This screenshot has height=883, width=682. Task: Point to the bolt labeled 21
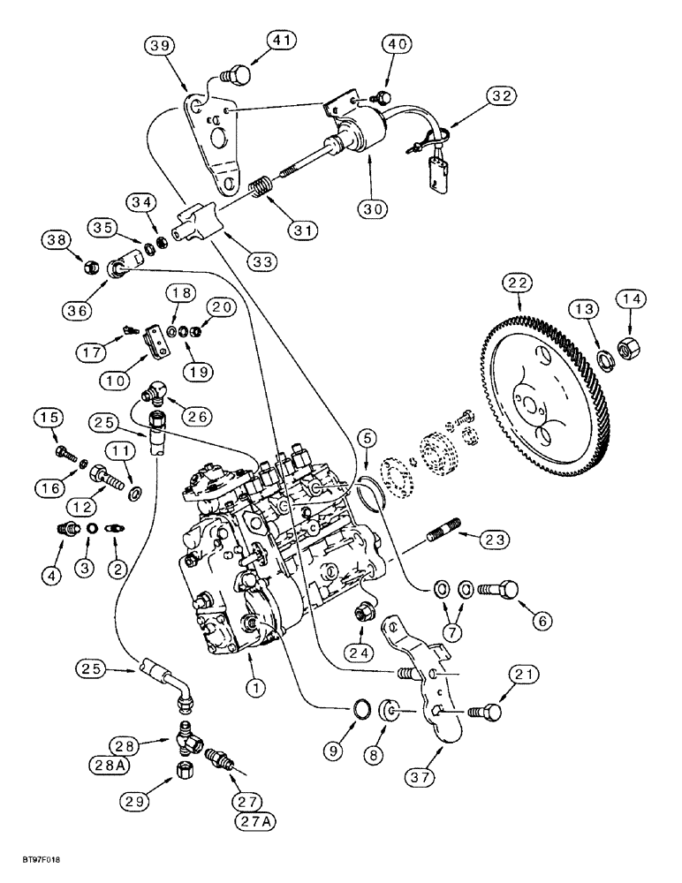[485, 711]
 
